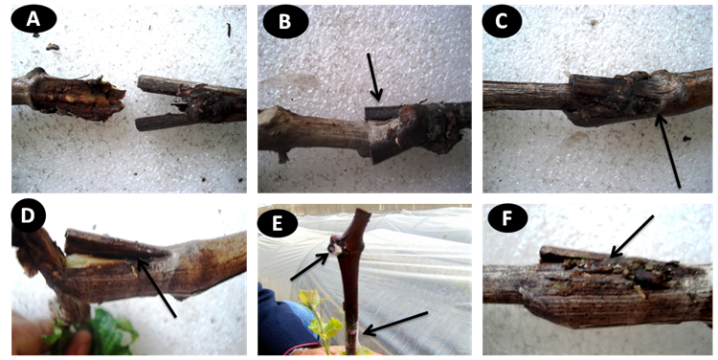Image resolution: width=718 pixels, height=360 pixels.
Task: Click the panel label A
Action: point(34,19)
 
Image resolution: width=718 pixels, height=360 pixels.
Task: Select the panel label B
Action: point(285,21)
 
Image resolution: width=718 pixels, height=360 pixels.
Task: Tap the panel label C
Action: point(502,21)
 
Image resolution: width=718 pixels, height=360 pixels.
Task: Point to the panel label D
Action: point(28,215)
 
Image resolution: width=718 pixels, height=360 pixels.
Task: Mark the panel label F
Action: point(507,219)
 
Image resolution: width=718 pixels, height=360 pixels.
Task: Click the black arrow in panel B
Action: point(373,77)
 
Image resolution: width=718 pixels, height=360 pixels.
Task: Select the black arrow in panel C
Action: point(668,151)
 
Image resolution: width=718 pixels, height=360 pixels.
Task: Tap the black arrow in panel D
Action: point(157,287)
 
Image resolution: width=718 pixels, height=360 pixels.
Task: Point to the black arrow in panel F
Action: point(632,236)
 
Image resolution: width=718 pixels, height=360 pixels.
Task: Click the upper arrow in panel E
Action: point(308,266)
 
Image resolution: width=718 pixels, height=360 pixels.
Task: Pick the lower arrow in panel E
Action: point(395,324)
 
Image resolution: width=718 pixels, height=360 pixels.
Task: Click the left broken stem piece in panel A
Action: point(69,96)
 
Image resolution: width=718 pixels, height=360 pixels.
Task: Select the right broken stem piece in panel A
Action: point(191,102)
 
